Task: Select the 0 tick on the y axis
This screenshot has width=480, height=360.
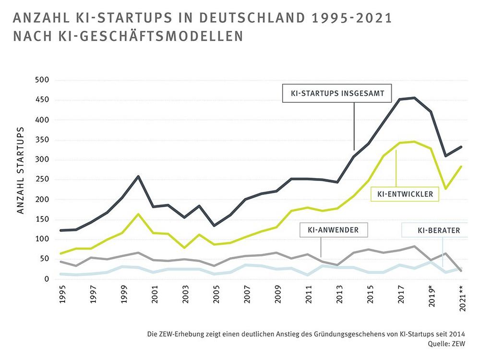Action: [47, 279]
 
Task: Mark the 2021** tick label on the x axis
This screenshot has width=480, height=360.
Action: [462, 301]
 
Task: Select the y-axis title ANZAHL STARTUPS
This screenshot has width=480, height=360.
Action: [21, 170]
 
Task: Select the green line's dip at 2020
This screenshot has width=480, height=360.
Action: [446, 189]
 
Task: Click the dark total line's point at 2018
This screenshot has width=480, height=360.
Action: [414, 98]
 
